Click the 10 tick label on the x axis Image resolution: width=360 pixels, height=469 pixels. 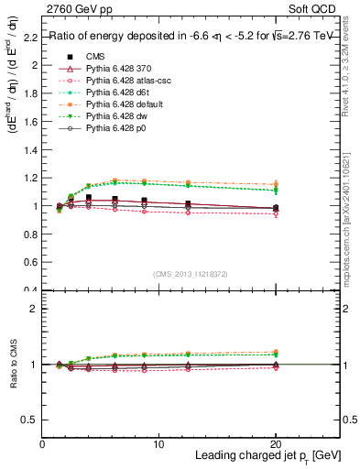pyautogui.click(x=159, y=444)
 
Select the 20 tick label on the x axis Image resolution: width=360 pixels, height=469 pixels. pyautogui.click(x=276, y=444)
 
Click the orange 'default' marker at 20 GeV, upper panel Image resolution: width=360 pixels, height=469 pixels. pyautogui.click(x=276, y=185)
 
